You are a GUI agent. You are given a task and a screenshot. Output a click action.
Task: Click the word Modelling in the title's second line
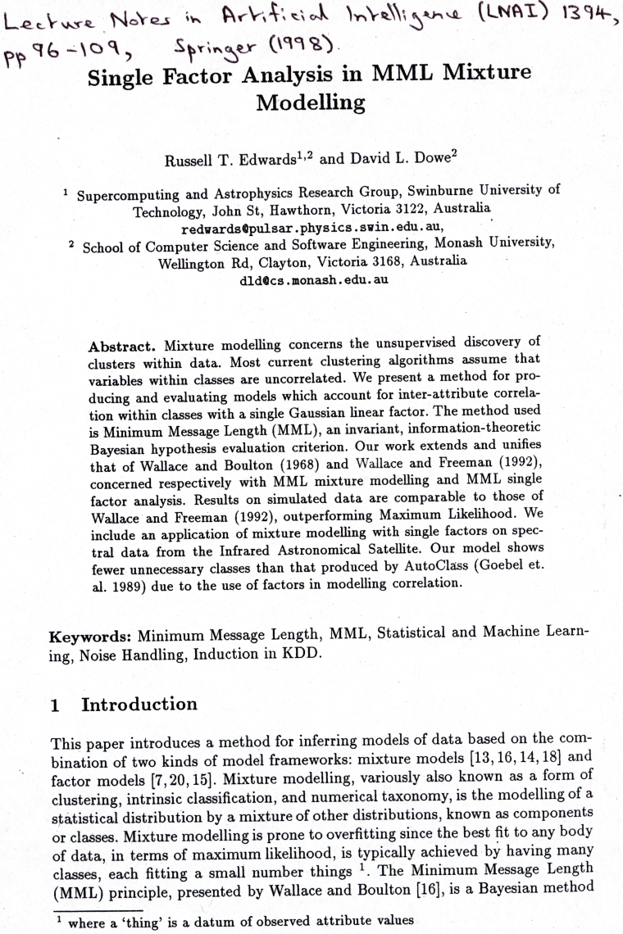pyautogui.click(x=311, y=104)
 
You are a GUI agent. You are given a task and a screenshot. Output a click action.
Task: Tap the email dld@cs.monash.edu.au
pyautogui.click(x=312, y=279)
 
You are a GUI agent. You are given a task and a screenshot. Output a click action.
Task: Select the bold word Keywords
pyautogui.click(x=89, y=635)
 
